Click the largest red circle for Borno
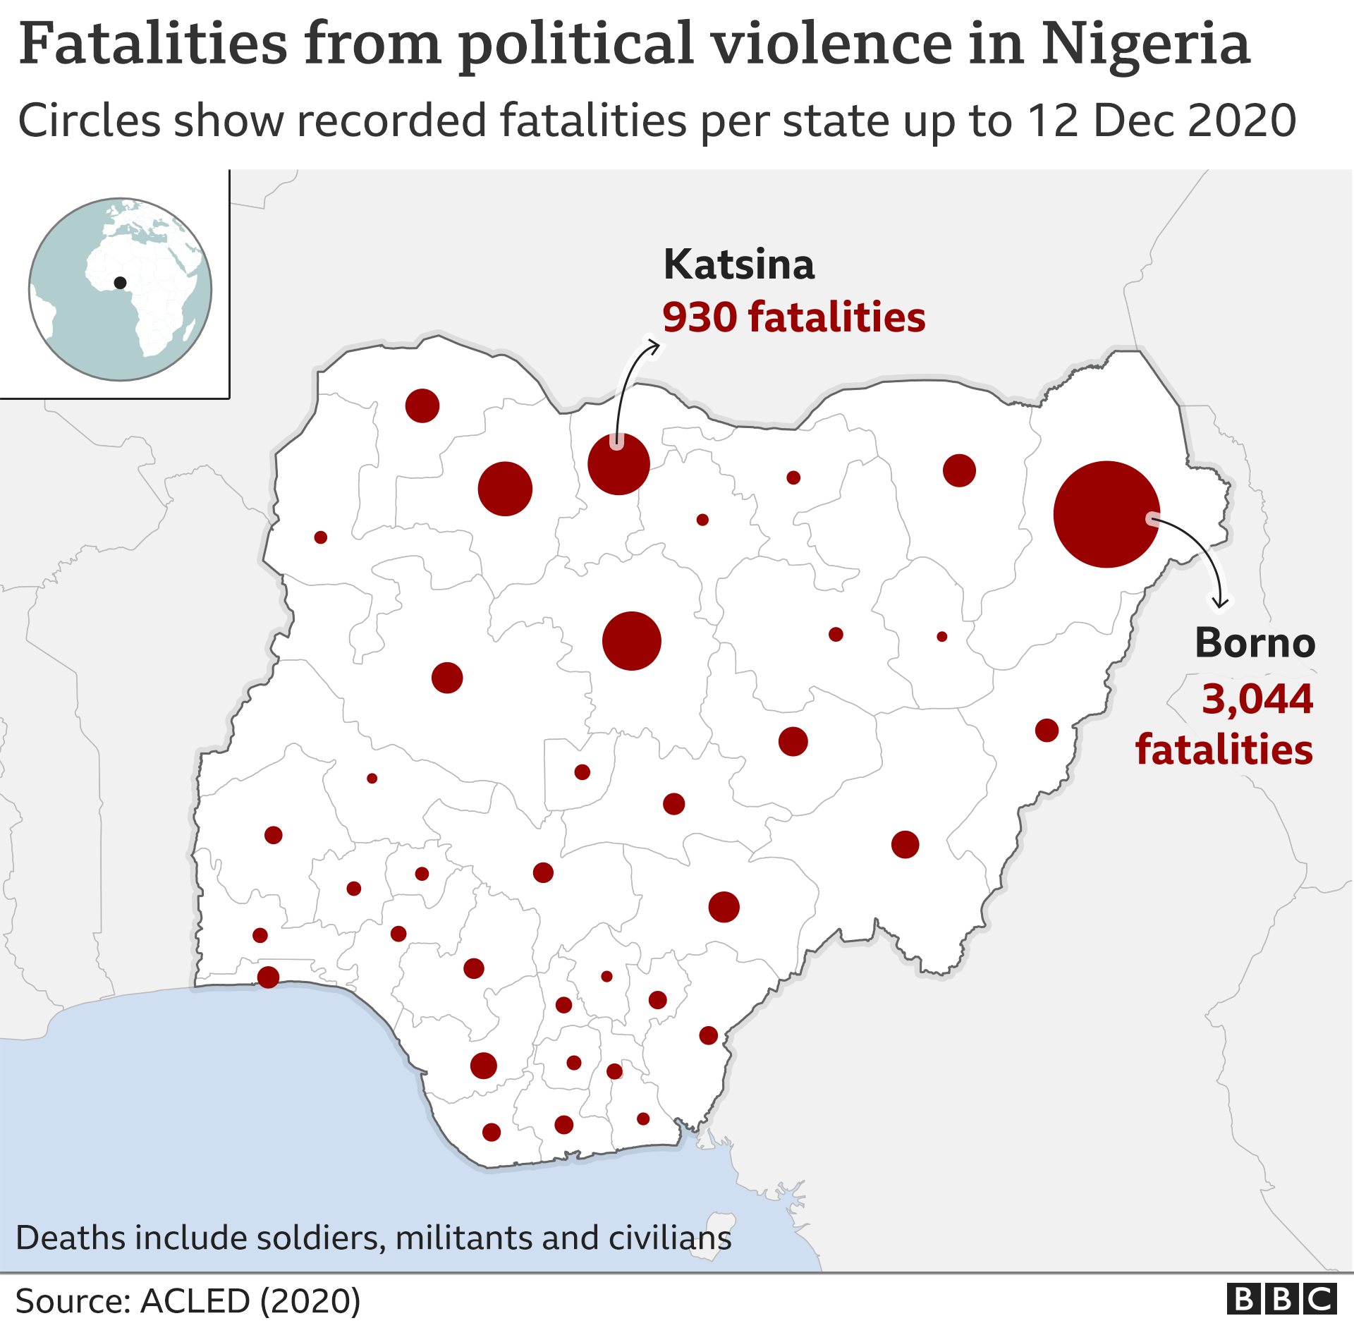tap(1106, 514)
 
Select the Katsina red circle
tap(618, 464)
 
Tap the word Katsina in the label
tap(739, 265)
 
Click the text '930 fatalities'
tap(793, 317)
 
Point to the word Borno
tap(1255, 643)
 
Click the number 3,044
tap(1257, 699)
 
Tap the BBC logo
tap(1281, 1299)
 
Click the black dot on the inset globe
tap(120, 283)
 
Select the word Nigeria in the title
tap(1145, 44)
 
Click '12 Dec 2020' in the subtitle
tap(1161, 121)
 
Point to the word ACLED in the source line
tap(195, 1301)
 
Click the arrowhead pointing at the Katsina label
tap(656, 345)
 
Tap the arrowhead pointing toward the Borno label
tap(1220, 604)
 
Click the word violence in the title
tap(832, 44)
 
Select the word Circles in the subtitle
tap(90, 121)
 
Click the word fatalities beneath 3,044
tap(1224, 749)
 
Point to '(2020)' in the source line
tap(310, 1301)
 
